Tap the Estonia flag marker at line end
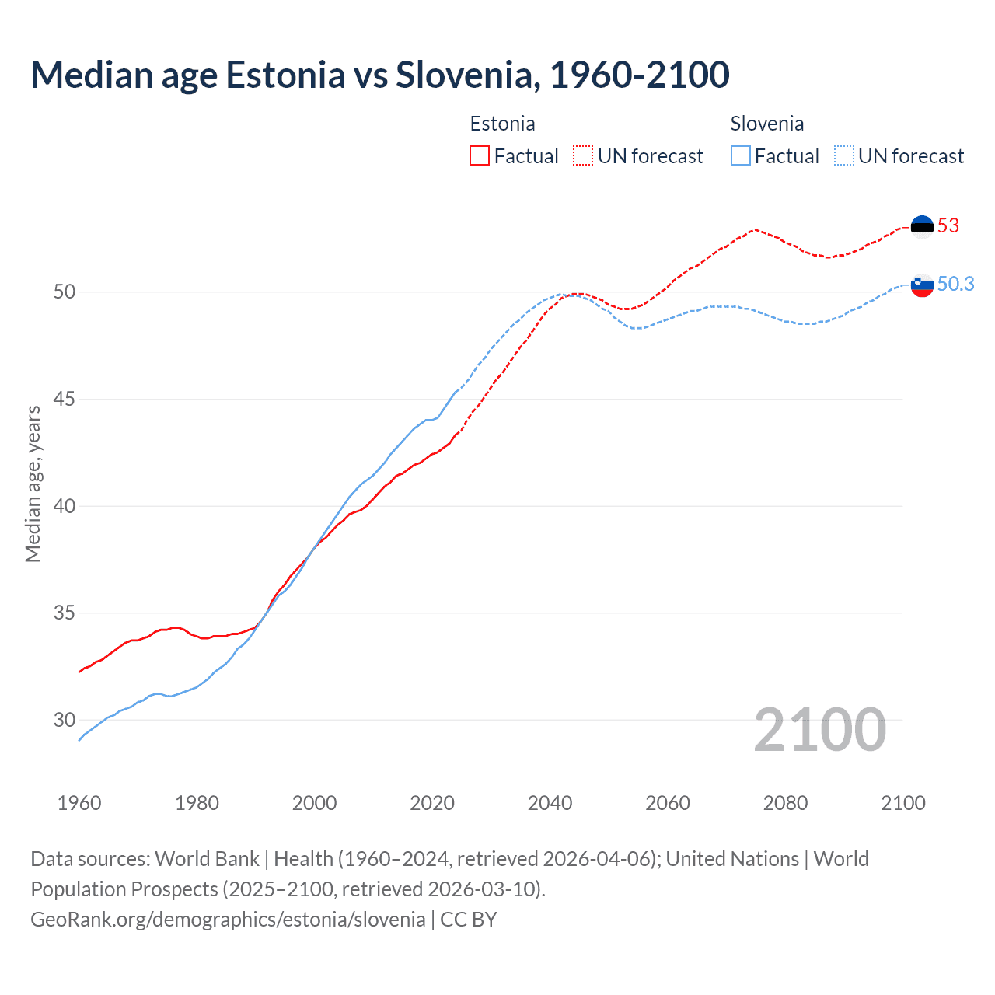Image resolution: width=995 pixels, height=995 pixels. click(922, 226)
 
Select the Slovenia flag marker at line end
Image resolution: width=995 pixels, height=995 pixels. click(922, 285)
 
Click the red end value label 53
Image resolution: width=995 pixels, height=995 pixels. click(948, 226)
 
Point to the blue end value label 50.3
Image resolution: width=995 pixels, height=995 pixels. click(955, 285)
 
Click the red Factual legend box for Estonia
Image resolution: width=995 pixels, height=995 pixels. click(480, 156)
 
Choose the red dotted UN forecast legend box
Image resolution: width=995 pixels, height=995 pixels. click(583, 156)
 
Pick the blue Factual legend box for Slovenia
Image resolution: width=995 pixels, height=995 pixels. click(740, 156)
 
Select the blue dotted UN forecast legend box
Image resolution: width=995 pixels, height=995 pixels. click(843, 156)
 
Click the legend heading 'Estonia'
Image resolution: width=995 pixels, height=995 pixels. click(502, 124)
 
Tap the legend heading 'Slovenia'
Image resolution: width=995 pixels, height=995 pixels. click(766, 124)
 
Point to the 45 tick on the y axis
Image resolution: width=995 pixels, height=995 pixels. click(65, 400)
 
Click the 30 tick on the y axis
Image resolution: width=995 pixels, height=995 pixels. click(65, 720)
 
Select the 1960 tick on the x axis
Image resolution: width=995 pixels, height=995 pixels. click(79, 803)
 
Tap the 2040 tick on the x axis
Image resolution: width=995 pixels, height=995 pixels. click(550, 803)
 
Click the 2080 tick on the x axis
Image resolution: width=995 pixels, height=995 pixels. click(785, 803)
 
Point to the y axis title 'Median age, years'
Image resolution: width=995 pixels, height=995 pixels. click(33, 484)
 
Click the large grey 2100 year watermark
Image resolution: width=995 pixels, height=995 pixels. click(819, 730)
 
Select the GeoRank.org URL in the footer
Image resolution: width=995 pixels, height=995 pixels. click(228, 920)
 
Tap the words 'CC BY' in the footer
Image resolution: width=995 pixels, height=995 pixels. click(468, 920)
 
